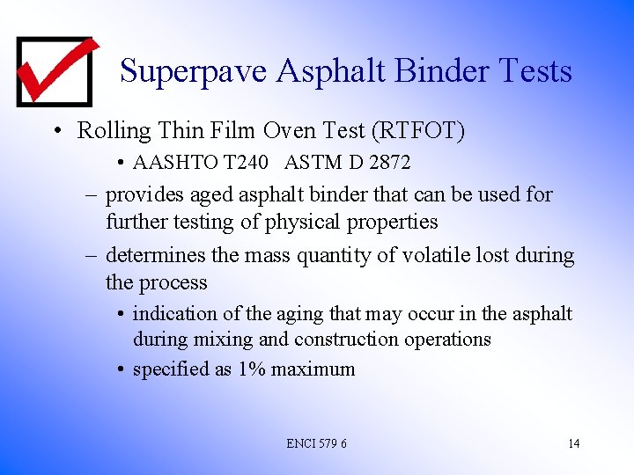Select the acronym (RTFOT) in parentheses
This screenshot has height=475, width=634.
tap(419, 131)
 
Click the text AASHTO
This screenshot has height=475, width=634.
tap(168, 163)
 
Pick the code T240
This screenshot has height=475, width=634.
tap(240, 163)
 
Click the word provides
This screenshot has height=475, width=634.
tap(143, 194)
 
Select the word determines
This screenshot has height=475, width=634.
tap(155, 256)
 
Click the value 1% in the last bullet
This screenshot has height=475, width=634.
tap(252, 369)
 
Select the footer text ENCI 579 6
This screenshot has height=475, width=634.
tap(316, 443)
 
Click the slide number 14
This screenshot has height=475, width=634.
tap(573, 443)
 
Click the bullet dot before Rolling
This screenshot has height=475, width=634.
tap(56, 132)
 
